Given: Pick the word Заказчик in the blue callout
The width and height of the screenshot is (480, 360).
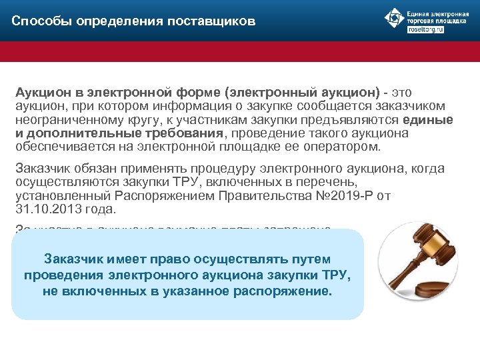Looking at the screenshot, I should coord(89,259).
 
